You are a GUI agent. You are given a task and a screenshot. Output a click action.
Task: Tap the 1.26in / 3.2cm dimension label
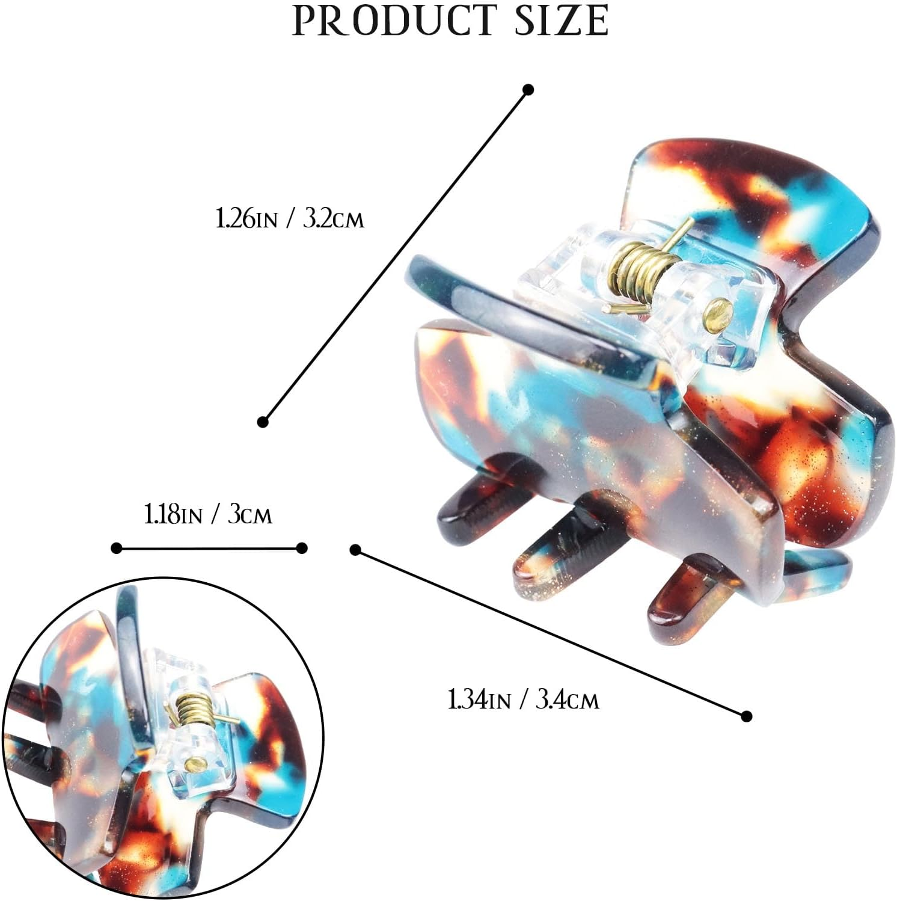(x=290, y=218)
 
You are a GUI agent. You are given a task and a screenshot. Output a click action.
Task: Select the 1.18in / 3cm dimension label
(x=208, y=515)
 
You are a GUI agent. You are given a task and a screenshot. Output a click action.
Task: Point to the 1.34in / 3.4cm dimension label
(x=523, y=700)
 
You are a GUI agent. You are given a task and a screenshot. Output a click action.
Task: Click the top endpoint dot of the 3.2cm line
(x=528, y=90)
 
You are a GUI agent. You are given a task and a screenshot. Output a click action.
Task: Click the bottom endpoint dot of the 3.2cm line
(x=263, y=422)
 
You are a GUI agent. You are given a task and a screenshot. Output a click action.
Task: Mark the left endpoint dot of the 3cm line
(x=117, y=548)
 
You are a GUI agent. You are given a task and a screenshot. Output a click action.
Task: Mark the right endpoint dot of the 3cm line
(x=302, y=548)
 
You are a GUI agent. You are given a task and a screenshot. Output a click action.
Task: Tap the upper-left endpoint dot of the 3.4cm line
(x=355, y=550)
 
